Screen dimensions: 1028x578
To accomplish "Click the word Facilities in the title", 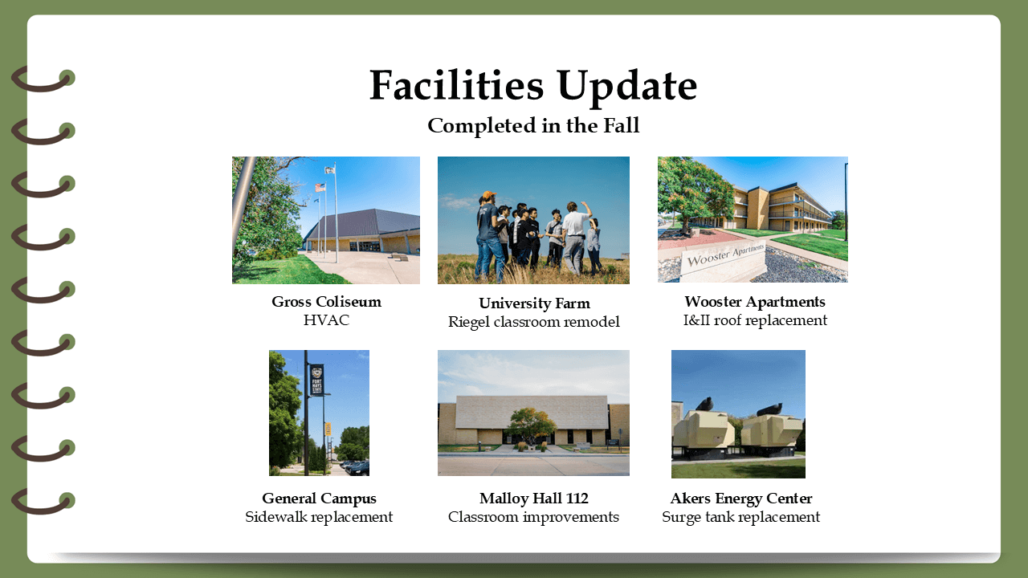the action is point(457,85).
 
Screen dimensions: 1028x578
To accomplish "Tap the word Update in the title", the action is point(627,88).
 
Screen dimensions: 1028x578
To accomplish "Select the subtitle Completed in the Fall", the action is point(533,126).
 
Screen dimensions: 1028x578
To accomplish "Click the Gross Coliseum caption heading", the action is point(326,301).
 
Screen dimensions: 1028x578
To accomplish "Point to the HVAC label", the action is point(326,320).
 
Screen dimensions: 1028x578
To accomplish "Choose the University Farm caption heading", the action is point(534,303).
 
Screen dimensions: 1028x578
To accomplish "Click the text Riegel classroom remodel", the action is point(534,322).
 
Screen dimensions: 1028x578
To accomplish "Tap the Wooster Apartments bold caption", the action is point(755,302).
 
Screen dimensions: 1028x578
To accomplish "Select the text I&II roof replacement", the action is point(756,320).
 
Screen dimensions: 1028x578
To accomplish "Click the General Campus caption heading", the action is point(319,499).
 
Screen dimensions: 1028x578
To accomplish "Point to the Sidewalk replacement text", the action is point(319,517).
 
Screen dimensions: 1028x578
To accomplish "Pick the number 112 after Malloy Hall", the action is point(577,499).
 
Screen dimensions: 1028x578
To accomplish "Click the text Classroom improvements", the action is point(533,517).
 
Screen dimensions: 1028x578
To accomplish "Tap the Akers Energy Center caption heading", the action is point(741,499).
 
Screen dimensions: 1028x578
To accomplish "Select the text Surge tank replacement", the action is point(740,517).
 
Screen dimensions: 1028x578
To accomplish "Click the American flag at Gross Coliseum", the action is point(320,188).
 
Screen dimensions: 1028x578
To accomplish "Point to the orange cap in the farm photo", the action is point(489,195).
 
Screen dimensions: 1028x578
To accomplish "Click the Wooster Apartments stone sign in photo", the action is point(724,262).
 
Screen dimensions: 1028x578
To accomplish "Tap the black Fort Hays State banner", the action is point(316,381).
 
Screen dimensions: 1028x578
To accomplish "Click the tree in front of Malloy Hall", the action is point(532,425).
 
